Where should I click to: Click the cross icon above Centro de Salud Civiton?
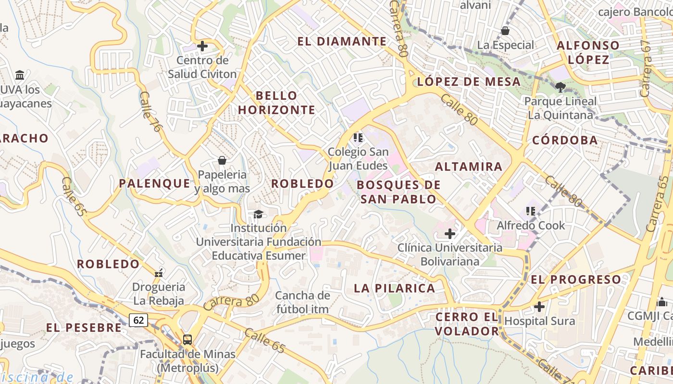click(202, 47)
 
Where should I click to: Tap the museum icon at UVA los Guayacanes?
click(20, 75)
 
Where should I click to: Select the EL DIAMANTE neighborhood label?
click(342, 41)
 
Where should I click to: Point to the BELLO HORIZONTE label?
click(276, 103)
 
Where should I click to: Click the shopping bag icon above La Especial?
click(505, 31)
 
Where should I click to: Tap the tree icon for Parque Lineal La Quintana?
click(560, 87)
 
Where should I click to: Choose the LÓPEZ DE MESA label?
click(469, 82)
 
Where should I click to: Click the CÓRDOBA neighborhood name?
click(565, 141)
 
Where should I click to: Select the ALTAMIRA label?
click(469, 167)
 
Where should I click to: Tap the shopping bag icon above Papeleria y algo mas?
click(222, 160)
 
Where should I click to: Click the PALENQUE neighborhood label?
click(155, 183)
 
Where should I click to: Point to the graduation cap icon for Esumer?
click(258, 214)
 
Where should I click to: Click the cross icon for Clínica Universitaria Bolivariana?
click(450, 234)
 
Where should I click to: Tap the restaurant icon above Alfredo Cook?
click(531, 211)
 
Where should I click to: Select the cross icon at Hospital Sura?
click(539, 306)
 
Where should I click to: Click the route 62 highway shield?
click(138, 320)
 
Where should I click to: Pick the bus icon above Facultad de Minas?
click(187, 340)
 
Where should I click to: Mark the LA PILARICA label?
click(395, 288)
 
